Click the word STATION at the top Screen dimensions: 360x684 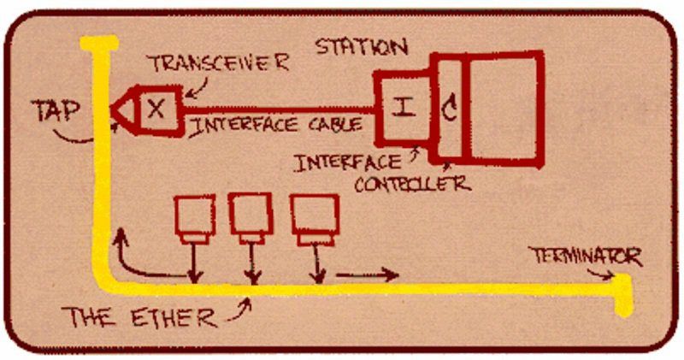[x=361, y=45]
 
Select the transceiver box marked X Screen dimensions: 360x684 [x=155, y=109]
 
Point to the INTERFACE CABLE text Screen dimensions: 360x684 [x=275, y=125]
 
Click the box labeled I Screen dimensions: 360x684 [x=404, y=109]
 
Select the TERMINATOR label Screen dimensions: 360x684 [x=585, y=255]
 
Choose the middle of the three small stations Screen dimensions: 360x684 [x=250, y=218]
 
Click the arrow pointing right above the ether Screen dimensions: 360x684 [x=368, y=275]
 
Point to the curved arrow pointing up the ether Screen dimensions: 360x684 [x=137, y=257]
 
